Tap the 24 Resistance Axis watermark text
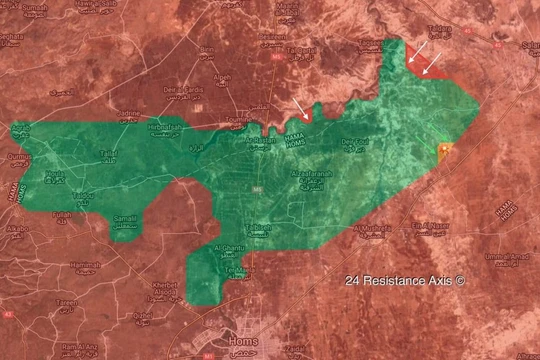point(405,282)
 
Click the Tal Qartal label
point(301,52)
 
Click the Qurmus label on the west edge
point(19,158)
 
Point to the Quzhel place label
point(143,318)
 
